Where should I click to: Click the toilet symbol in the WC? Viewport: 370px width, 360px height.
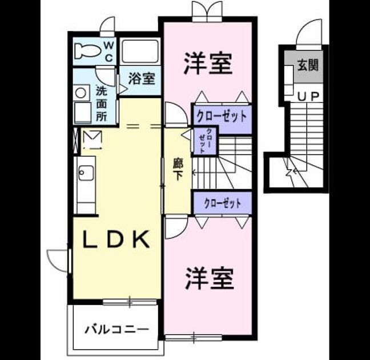pyautogui.click(x=87, y=51)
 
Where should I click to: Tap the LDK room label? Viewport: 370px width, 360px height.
pyautogui.click(x=116, y=239)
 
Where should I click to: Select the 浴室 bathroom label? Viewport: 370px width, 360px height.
pyautogui.click(x=142, y=78)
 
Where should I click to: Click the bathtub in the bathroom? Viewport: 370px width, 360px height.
pyautogui.click(x=140, y=51)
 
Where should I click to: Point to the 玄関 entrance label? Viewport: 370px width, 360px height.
pyautogui.click(x=308, y=65)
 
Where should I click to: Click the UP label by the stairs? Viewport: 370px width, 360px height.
pyautogui.click(x=308, y=97)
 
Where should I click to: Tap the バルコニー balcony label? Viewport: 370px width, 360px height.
pyautogui.click(x=117, y=329)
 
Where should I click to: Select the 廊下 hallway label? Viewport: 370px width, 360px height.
pyautogui.click(x=178, y=169)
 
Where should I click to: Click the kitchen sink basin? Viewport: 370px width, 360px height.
pyautogui.click(x=86, y=173)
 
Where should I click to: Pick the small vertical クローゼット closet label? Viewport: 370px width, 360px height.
pyautogui.click(x=204, y=141)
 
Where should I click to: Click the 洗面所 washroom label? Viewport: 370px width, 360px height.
pyautogui.click(x=102, y=103)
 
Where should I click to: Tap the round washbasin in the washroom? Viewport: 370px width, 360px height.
pyautogui.click(x=81, y=93)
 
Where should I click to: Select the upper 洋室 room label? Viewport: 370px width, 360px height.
pyautogui.click(x=208, y=63)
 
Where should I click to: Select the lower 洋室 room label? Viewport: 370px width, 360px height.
pyautogui.click(x=210, y=278)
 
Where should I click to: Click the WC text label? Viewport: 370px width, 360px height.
pyautogui.click(x=108, y=51)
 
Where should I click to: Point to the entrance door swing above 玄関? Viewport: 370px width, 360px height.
pyautogui.click(x=309, y=31)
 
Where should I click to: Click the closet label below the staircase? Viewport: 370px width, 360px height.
pyautogui.click(x=223, y=203)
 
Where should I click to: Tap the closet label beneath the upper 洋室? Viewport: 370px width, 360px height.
pyautogui.click(x=222, y=116)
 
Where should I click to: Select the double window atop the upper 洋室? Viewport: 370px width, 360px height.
pyautogui.click(x=207, y=12)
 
